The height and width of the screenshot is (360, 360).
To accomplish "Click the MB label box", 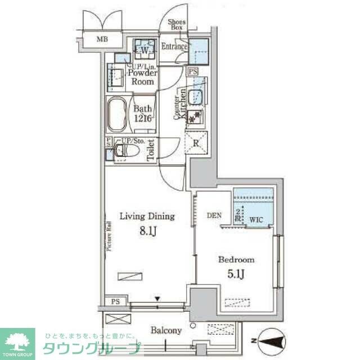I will pyautogui.click(x=102, y=39).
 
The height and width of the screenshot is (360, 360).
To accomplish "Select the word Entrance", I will pyautogui.click(x=174, y=47).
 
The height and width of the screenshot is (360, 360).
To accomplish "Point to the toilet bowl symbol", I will pyautogui.click(x=126, y=150).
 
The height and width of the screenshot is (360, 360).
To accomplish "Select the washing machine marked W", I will pyautogui.click(x=144, y=50).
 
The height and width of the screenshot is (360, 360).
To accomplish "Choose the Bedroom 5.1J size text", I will pyautogui.click(x=236, y=274).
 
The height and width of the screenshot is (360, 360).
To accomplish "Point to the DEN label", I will pyautogui.click(x=214, y=215).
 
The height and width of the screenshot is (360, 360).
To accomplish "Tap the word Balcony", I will pyautogui.click(x=166, y=330).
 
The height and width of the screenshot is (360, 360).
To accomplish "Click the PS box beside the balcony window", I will pyautogui.click(x=115, y=301).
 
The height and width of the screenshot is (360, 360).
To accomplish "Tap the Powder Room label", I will pyautogui.click(x=142, y=77).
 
